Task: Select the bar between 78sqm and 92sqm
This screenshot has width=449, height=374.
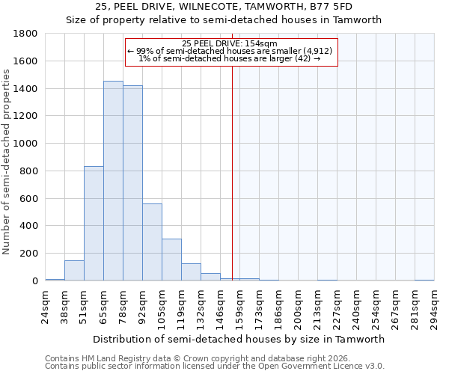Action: (x=132, y=183)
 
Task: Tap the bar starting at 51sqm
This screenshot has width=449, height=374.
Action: (x=94, y=224)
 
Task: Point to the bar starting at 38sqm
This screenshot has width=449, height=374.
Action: (x=74, y=271)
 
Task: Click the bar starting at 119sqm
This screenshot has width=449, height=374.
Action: (x=191, y=272)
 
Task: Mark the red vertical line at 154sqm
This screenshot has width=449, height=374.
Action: (x=232, y=172)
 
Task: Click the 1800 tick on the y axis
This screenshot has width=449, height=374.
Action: (x=27, y=34)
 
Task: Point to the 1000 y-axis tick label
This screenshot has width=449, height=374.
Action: (x=27, y=144)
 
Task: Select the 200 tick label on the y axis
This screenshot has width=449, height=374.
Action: (x=30, y=254)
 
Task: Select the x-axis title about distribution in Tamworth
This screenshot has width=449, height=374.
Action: (x=239, y=339)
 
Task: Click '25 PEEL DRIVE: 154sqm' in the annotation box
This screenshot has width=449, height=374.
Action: (x=230, y=43)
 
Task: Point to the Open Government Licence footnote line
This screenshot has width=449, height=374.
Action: (x=215, y=367)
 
